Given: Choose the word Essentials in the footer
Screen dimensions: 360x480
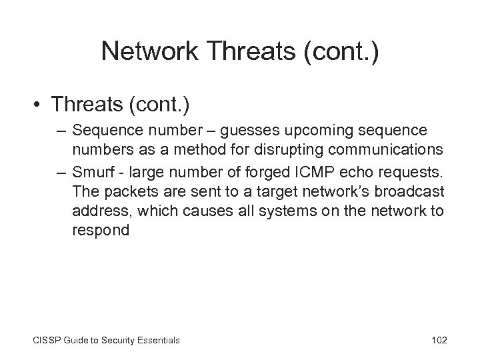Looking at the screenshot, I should click(157, 340).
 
